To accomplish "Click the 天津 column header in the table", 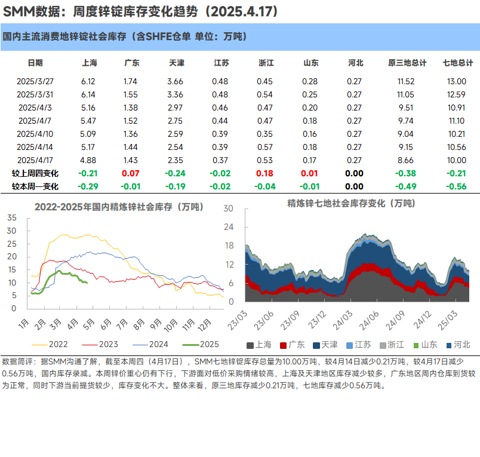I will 177,63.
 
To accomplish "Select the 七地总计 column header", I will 458,63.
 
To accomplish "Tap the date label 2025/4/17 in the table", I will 35,160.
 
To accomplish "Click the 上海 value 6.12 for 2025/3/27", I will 88,81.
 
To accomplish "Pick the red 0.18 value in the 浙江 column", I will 264,173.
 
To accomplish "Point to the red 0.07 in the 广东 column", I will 131,173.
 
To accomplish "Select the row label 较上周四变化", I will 35,173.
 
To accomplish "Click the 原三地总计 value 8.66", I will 406,160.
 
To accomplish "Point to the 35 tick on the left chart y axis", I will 12,216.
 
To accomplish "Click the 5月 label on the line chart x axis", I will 89,323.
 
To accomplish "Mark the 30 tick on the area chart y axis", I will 227,208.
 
